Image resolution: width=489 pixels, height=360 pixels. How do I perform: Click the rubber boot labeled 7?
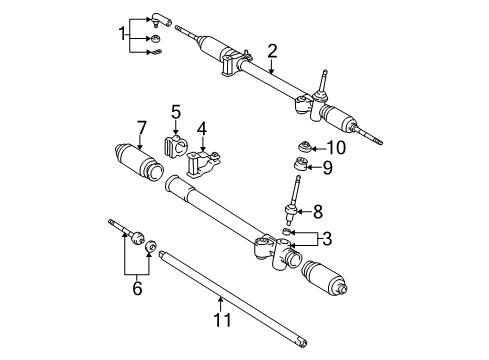pos(136,163)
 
